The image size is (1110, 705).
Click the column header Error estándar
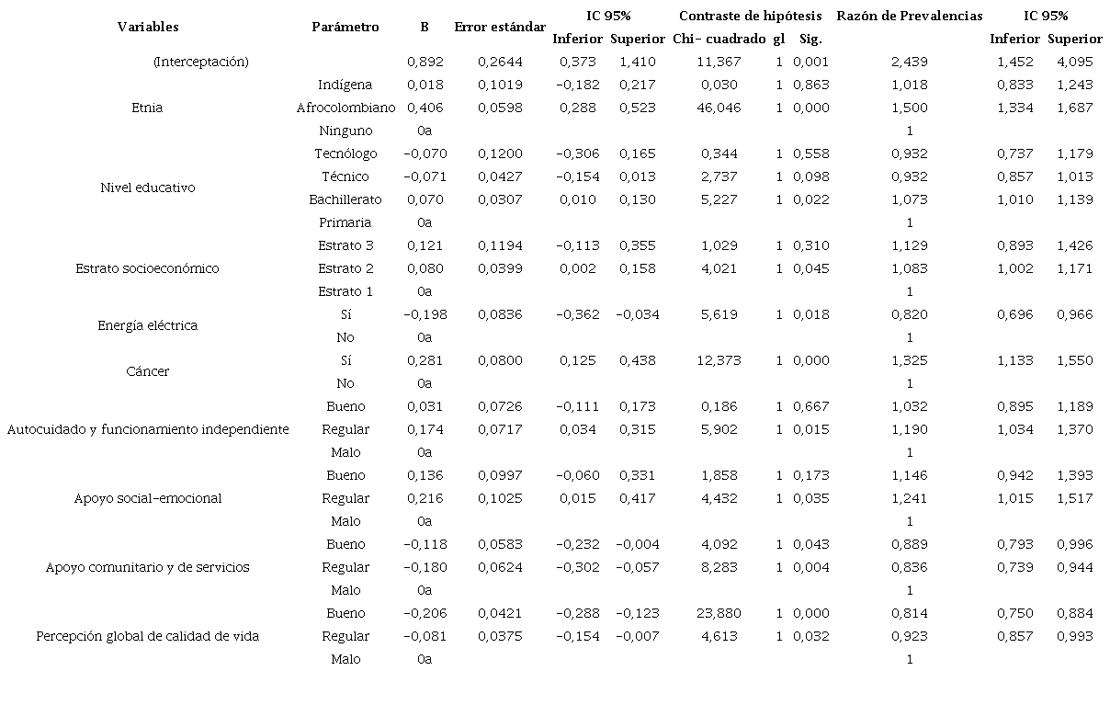tap(500, 28)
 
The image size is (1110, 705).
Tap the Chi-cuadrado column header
tap(719, 39)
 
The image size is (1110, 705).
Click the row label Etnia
tap(147, 108)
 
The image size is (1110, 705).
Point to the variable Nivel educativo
tap(147, 188)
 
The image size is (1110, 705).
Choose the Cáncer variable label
tap(147, 371)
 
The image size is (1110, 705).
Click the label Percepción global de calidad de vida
tap(147, 636)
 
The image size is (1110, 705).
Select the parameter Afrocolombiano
tap(345, 108)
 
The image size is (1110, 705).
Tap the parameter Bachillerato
tap(345, 199)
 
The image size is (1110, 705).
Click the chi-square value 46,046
tap(719, 108)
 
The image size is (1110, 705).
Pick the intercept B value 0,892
tap(425, 62)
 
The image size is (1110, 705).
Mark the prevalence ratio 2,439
tap(909, 62)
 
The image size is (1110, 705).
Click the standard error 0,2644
tap(500, 62)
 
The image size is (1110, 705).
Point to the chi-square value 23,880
tap(719, 613)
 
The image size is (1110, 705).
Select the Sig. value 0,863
tap(810, 85)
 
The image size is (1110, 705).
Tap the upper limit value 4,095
tap(1074, 62)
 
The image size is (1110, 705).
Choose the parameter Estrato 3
tap(345, 245)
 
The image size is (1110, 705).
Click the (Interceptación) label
tap(201, 62)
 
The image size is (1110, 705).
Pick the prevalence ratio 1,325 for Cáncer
tap(909, 360)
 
